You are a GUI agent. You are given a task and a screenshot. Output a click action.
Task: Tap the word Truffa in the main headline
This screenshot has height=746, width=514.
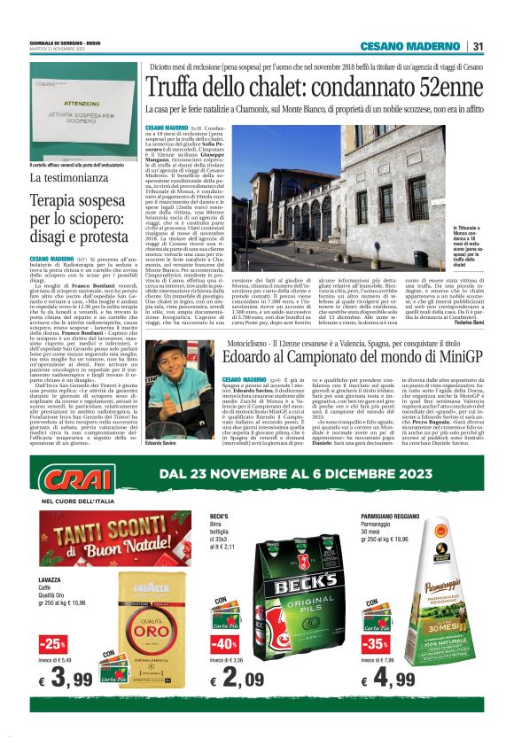click(177, 88)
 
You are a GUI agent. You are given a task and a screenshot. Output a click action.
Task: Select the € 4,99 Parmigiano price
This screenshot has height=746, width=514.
click(391, 679)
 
